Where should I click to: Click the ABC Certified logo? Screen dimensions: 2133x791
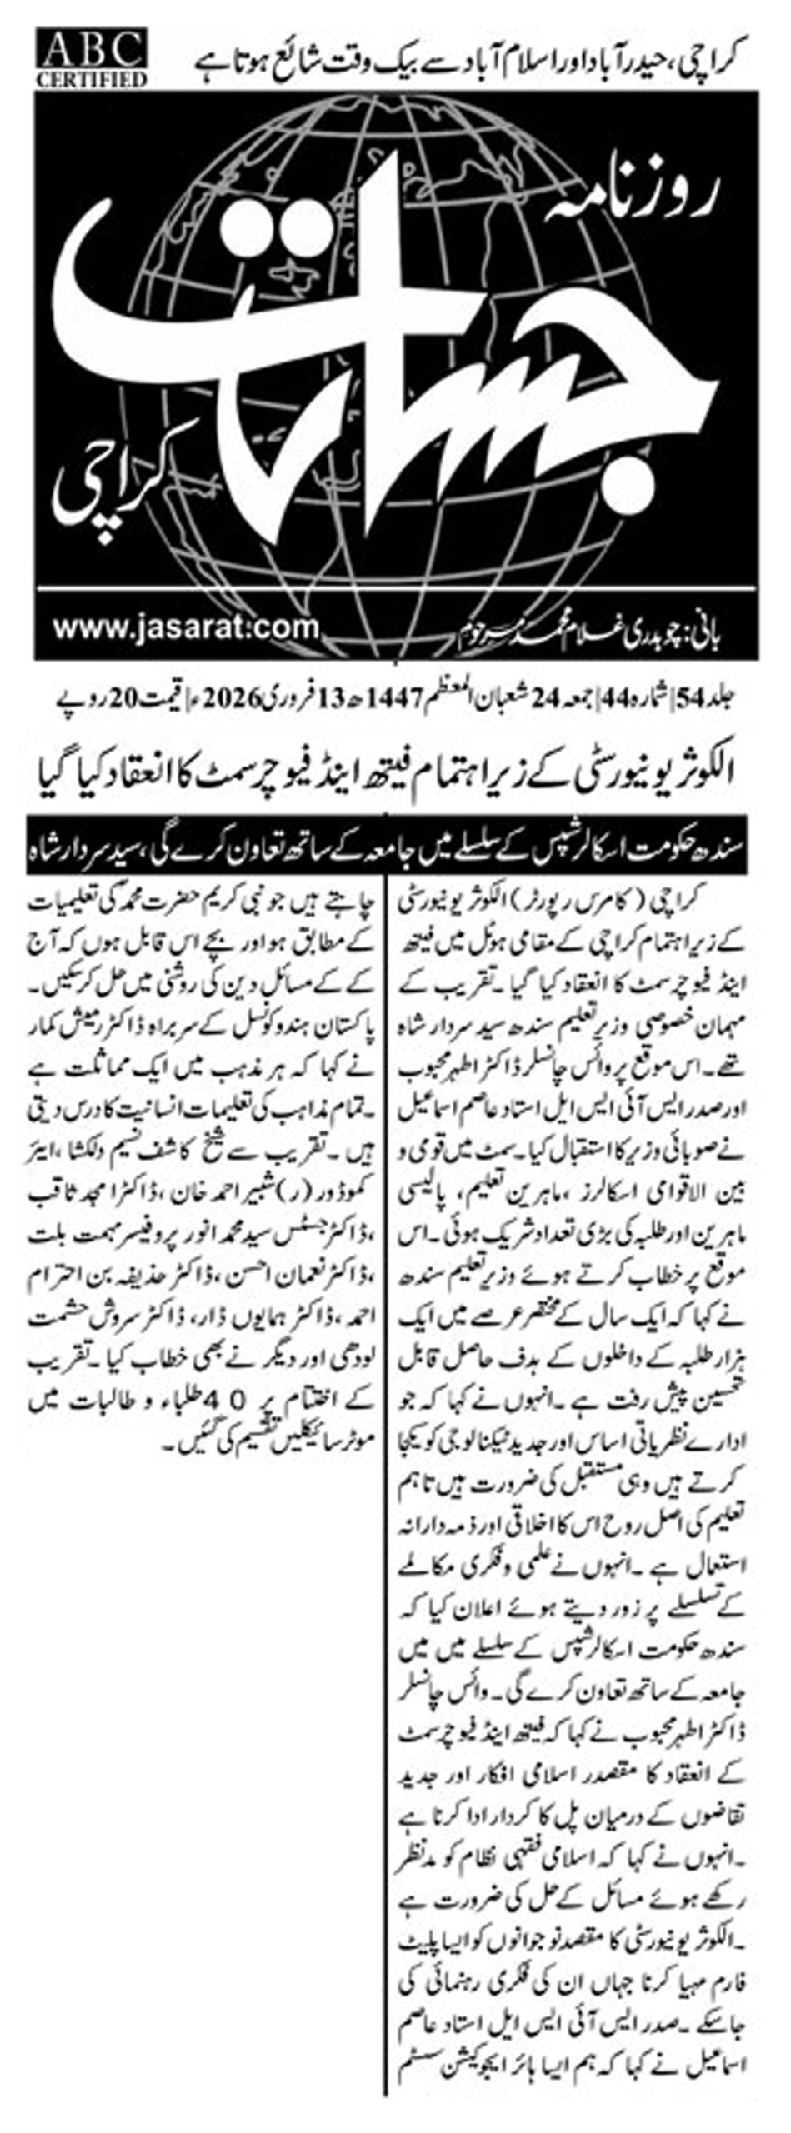(92, 57)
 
